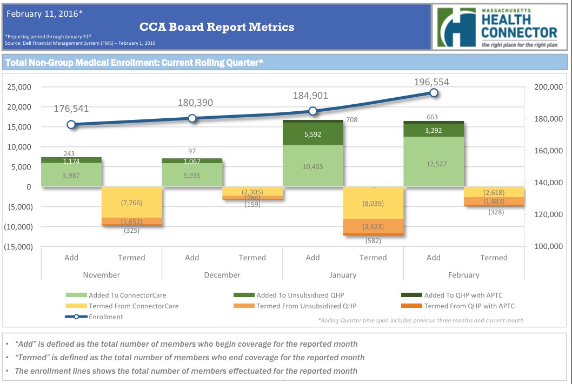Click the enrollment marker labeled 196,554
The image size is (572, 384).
coord(434,93)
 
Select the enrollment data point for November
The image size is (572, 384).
coord(71,124)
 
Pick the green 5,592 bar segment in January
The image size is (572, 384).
coord(312,134)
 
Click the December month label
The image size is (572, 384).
coord(222,275)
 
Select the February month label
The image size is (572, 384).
coord(464,275)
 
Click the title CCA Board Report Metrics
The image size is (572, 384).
coord(217,26)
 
